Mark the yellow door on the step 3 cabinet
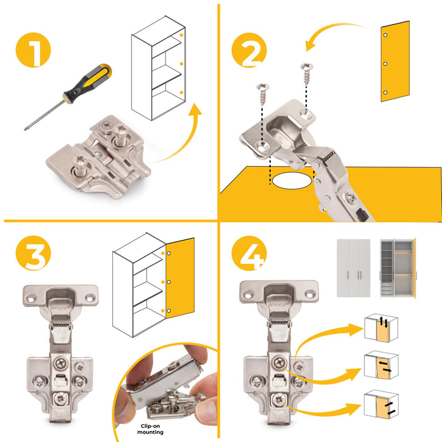(x=180, y=278)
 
